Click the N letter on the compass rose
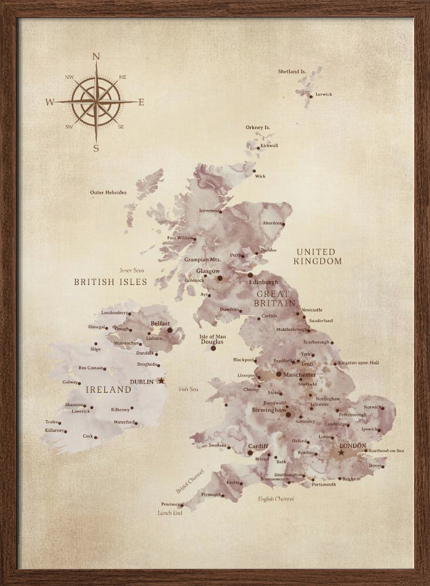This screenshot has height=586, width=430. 96,57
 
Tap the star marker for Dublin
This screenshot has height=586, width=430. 162,381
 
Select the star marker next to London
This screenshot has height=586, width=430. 341,452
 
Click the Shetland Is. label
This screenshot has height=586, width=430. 292,71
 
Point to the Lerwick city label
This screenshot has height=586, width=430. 323,94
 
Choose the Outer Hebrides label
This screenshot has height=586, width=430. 108,192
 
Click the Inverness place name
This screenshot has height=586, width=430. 209,210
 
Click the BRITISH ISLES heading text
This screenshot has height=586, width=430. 110,282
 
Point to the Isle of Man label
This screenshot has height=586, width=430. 212,336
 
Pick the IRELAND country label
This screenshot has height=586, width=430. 108,389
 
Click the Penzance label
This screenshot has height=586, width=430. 171,503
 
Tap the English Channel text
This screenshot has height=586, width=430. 276,499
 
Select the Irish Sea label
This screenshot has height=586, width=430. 188,389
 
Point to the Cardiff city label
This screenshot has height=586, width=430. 258,445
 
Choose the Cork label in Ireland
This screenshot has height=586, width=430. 87,436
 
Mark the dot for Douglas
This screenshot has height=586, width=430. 213,348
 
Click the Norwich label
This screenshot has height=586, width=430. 373,407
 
